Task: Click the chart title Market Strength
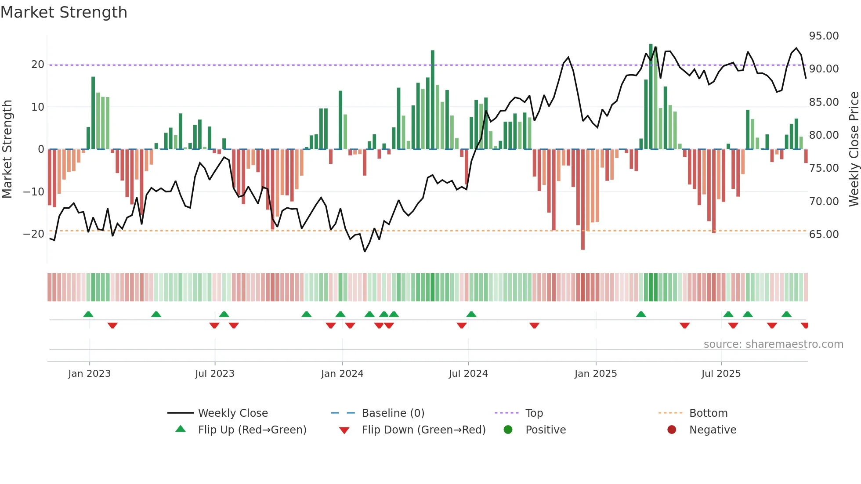(64, 12)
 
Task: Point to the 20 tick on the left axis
(38, 65)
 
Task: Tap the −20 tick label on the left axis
(34, 234)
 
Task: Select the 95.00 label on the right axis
(824, 36)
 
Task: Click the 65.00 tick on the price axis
(824, 235)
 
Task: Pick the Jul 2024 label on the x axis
(468, 374)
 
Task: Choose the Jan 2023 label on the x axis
(90, 374)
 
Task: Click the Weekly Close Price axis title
(854, 149)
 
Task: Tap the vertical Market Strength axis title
(7, 149)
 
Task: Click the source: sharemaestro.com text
(773, 344)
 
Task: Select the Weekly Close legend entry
(232, 413)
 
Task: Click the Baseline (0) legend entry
(393, 413)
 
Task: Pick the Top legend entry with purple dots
(534, 413)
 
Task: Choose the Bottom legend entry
(708, 413)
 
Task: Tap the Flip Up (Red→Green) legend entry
(252, 430)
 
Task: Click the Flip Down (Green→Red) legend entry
(423, 430)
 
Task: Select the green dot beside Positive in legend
(508, 430)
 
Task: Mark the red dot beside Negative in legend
(672, 430)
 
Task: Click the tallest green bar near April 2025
(651, 97)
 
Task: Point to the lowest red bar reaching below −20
(583, 200)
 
